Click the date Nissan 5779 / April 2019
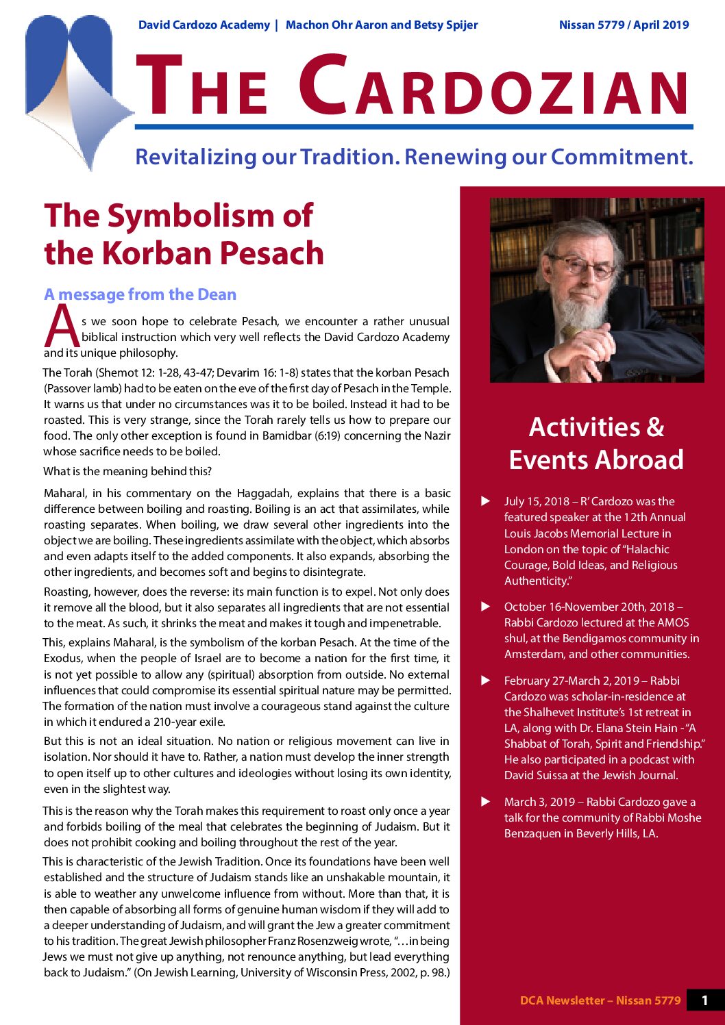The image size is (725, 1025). tap(624, 25)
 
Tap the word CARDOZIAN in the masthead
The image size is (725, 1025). tap(493, 88)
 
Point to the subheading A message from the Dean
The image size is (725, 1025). tap(140, 294)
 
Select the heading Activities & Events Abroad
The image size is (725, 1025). tap(596, 443)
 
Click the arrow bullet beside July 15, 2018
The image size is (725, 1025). tap(486, 501)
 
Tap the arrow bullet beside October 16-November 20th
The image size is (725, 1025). tap(486, 607)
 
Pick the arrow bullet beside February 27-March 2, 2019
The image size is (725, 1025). tap(486, 681)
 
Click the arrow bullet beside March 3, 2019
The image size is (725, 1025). tap(486, 802)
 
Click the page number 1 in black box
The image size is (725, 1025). tap(704, 1000)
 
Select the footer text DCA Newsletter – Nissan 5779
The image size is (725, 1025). tap(600, 1000)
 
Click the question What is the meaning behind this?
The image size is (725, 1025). tap(127, 471)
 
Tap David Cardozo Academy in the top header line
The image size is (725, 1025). tap(204, 25)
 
